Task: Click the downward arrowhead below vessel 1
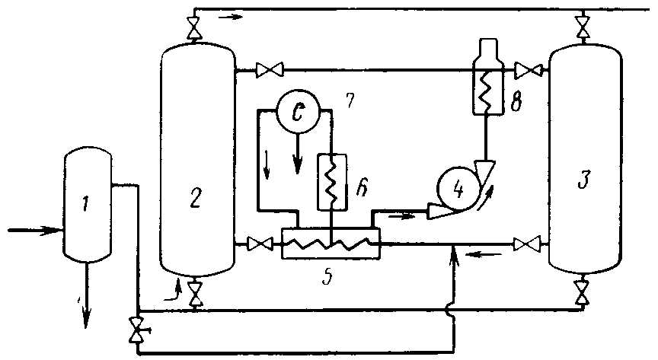(85, 320)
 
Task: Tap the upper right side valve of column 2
(267, 71)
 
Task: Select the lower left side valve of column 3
(525, 244)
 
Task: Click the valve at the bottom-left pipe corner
(138, 330)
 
